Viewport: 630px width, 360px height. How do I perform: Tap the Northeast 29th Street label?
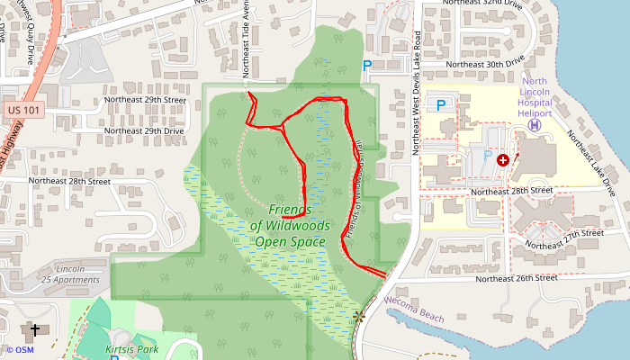(145, 99)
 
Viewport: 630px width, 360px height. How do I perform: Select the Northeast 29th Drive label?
(145, 130)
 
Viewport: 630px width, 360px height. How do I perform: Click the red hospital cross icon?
(502, 159)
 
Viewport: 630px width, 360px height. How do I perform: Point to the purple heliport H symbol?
(535, 126)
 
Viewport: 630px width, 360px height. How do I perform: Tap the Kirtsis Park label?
(131, 348)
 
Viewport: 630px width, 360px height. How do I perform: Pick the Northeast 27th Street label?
(564, 238)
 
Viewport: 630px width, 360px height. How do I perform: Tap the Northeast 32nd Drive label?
(483, 3)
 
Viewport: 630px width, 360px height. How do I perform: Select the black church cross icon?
(35, 330)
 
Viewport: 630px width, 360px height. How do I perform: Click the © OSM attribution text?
(20, 350)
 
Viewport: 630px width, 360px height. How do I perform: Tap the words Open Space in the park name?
(289, 241)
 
